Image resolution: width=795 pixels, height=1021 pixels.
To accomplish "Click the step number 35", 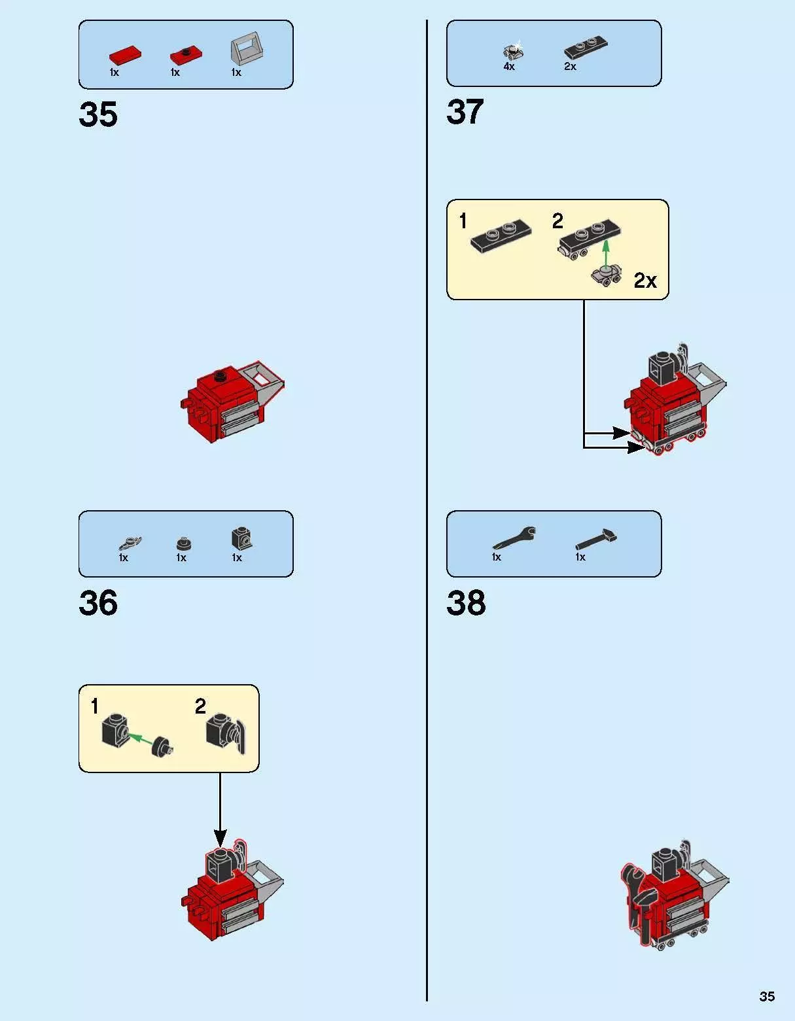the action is pyautogui.click(x=98, y=114).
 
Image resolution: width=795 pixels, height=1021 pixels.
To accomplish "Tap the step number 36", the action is pyautogui.click(x=98, y=603).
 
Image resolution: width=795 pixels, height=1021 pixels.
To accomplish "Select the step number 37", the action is pyautogui.click(x=465, y=112).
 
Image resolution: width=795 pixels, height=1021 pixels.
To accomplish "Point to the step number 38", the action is pyautogui.click(x=466, y=603).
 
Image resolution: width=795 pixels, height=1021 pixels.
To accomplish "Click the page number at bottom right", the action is pyautogui.click(x=767, y=996).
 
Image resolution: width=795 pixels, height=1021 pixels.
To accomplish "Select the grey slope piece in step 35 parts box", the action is pyautogui.click(x=247, y=48).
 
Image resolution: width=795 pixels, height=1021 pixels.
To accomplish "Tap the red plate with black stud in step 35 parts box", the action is pyautogui.click(x=186, y=55).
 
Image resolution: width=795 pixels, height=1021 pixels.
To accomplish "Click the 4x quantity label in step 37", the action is pyautogui.click(x=509, y=67).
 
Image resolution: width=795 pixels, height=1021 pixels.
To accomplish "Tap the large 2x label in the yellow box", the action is pyautogui.click(x=645, y=281).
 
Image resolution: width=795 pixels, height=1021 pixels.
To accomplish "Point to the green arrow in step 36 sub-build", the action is pyautogui.click(x=141, y=740).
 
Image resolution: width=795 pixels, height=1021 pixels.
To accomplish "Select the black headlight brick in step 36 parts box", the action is pyautogui.click(x=242, y=538).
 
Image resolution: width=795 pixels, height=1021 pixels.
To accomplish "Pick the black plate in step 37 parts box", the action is pyautogui.click(x=586, y=47).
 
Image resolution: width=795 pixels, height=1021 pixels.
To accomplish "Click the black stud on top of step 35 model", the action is pyautogui.click(x=221, y=375).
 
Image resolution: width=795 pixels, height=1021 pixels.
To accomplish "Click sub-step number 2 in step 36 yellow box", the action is pyautogui.click(x=200, y=706).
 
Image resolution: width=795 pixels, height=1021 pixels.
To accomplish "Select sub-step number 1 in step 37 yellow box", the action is pyautogui.click(x=463, y=221).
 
